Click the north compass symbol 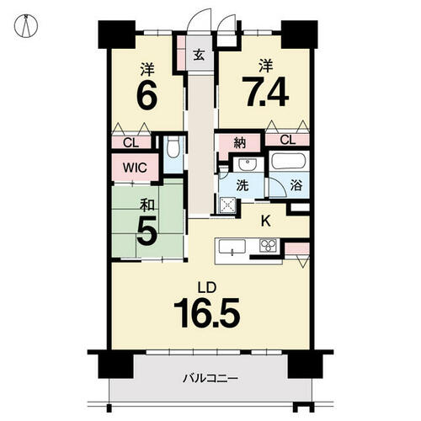[26, 26]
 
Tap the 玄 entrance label [199, 55]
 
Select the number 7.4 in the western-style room [265, 92]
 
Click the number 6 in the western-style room [147, 95]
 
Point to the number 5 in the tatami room [147, 231]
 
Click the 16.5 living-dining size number [207, 313]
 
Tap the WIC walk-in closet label [135, 168]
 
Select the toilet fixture [173, 147]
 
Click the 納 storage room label [240, 143]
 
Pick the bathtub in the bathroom [289, 161]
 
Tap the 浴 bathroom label [296, 185]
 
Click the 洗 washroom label [242, 185]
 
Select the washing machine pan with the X [227, 205]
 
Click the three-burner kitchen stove [268, 246]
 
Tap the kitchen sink [232, 247]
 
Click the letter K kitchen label [266, 222]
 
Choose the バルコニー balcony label [210, 379]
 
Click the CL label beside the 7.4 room [288, 140]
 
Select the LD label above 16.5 [207, 288]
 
